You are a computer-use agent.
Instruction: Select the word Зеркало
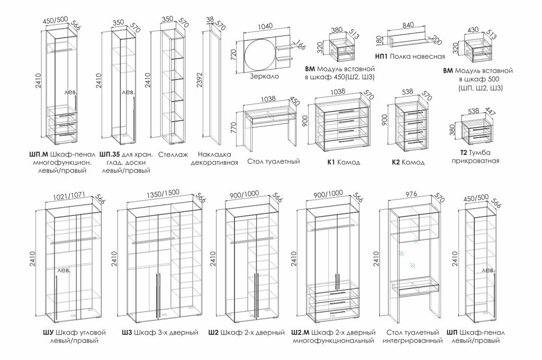click(264, 76)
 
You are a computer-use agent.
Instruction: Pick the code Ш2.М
click(300, 332)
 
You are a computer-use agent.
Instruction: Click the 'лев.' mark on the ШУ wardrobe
click(63, 269)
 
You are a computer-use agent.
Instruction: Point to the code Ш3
click(127, 332)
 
